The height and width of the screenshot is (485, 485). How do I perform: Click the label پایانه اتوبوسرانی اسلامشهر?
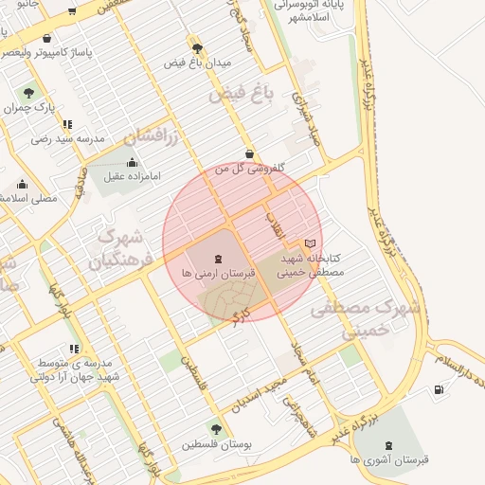[x=313, y=10]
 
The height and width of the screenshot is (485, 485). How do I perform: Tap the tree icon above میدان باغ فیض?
[x=197, y=47]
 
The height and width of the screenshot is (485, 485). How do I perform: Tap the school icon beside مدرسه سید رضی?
[x=66, y=124]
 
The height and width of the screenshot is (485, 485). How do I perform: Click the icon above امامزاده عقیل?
[x=132, y=162]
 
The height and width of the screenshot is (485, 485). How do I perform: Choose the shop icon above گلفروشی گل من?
[x=249, y=153]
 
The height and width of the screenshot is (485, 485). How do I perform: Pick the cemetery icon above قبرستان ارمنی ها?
[x=219, y=258]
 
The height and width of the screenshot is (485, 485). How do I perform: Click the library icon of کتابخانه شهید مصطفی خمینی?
[x=310, y=243]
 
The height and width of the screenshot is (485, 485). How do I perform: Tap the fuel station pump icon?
[x=438, y=389]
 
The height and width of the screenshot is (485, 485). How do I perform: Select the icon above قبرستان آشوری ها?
[x=388, y=444]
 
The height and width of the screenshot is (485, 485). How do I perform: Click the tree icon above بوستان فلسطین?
[x=217, y=429]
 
